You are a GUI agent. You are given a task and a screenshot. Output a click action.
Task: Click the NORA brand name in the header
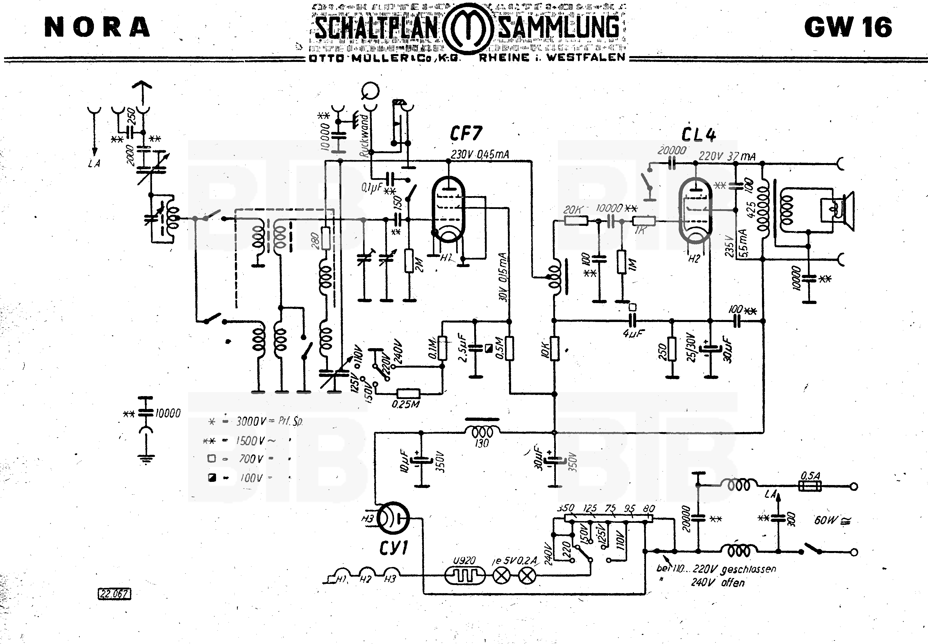[x=97, y=28]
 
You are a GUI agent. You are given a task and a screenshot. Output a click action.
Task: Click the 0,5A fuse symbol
[x=810, y=486]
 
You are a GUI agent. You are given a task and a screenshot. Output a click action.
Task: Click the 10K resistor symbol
[x=555, y=349]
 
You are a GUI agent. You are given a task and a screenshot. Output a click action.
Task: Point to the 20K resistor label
[x=572, y=210]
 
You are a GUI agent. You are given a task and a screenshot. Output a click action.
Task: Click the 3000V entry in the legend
[x=250, y=422]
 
